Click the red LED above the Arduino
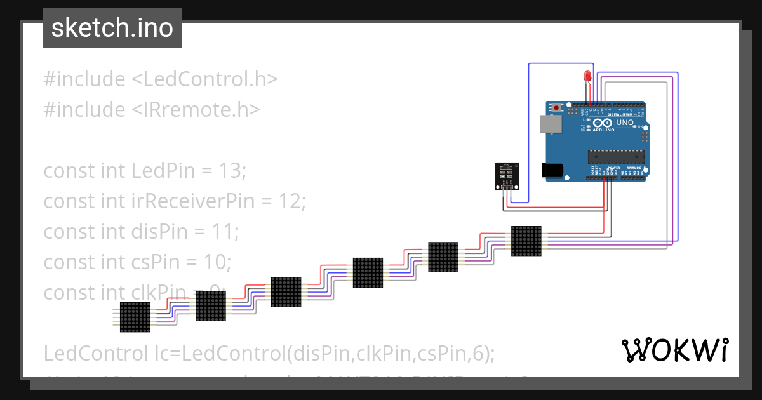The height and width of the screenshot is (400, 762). pos(587,77)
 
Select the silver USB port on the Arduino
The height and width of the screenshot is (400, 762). pos(551,124)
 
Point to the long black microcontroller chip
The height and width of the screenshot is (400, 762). pos(615,156)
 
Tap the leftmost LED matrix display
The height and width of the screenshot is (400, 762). pos(135,317)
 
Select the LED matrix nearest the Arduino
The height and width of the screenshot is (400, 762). pos(526,241)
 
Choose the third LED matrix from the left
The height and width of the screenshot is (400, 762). pos(286,292)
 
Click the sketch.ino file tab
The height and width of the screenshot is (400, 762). pos(112,28)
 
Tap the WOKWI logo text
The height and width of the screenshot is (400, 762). pos(674,350)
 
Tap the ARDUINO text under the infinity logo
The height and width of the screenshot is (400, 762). pos(604,130)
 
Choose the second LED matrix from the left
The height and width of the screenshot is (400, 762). pos(210,306)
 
